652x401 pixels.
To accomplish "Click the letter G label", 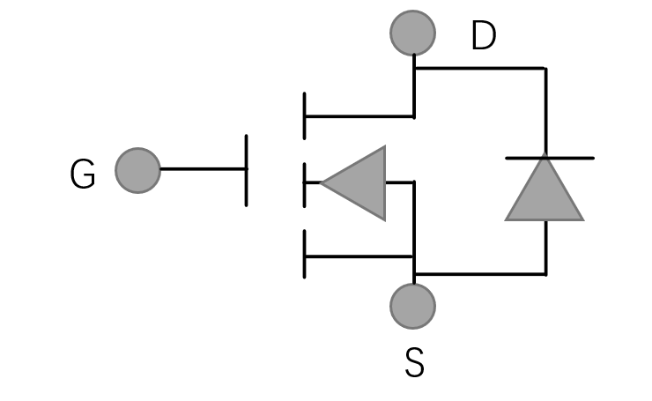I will (x=83, y=175).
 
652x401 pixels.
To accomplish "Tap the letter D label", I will (x=483, y=37).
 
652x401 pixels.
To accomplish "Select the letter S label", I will (x=414, y=363).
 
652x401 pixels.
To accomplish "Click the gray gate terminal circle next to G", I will (x=138, y=170).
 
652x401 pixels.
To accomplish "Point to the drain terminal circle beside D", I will (x=412, y=33).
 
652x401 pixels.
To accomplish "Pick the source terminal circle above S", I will (x=412, y=306).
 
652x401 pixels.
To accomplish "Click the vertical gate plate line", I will (x=246, y=170).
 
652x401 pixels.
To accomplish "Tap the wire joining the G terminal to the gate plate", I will (x=203, y=168).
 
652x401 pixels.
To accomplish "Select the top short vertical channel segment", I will (x=305, y=115).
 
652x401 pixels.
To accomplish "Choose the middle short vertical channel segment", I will (x=305, y=183).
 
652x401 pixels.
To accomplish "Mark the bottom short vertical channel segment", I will (x=305, y=255).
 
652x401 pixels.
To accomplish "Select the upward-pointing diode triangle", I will (x=545, y=192).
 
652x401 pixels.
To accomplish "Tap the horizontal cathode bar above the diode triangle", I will (x=549, y=158).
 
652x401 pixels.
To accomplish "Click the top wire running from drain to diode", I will (x=480, y=68).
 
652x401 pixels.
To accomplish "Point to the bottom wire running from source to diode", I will (x=480, y=273).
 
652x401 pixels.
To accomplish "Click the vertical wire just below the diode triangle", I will (x=545, y=247).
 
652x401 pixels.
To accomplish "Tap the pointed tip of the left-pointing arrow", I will (x=323, y=183).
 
